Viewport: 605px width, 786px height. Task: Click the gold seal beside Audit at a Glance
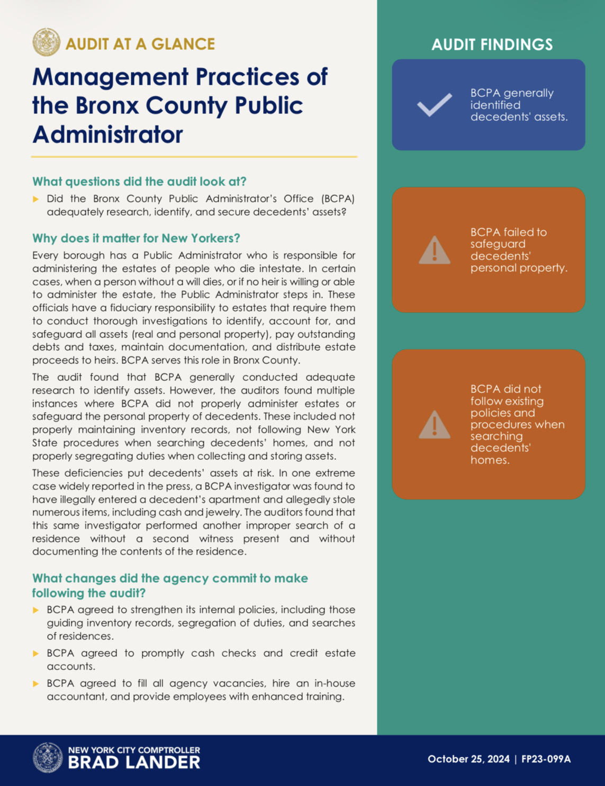coord(46,42)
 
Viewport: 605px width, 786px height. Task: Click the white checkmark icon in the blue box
coord(434,104)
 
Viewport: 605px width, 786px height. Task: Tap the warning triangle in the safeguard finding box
coord(434,250)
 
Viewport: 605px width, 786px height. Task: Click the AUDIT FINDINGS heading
coord(492,44)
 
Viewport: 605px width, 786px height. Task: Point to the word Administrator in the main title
coord(107,134)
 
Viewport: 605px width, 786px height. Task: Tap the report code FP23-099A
coord(546,759)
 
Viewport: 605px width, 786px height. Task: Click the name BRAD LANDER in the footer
coord(134,762)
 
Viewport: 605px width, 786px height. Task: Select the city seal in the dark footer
coord(48,757)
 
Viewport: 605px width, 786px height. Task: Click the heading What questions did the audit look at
coord(139,182)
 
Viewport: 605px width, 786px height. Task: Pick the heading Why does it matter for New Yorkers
coord(136,238)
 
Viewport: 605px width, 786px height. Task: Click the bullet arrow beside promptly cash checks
coord(36,654)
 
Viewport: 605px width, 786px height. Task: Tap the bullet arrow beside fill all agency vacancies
coord(36,684)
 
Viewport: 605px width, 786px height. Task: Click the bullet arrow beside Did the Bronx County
coord(36,199)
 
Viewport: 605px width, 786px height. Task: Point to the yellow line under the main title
coord(194,157)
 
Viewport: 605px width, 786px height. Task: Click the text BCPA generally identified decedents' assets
coord(518,105)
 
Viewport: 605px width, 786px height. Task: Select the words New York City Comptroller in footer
coord(134,750)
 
